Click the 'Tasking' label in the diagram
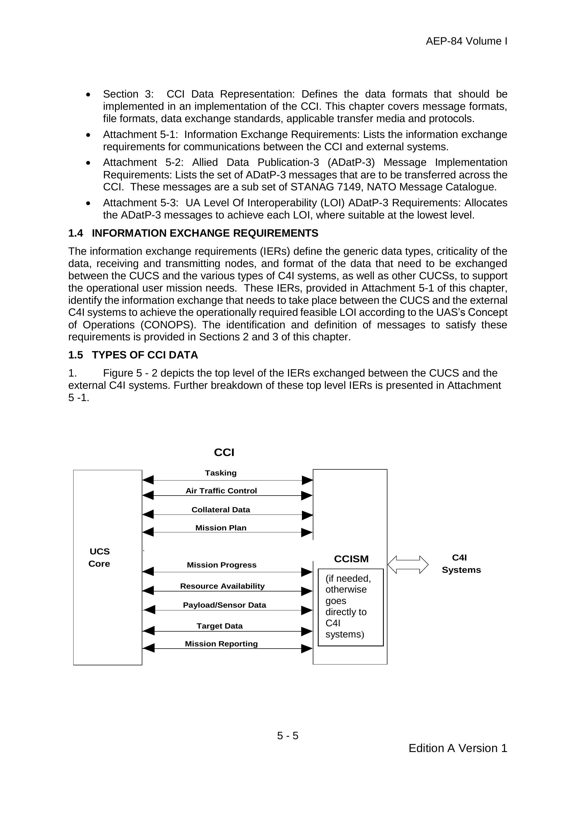(221, 473)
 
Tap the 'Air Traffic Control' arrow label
(221, 491)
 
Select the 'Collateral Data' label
(221, 510)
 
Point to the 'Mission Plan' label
(221, 528)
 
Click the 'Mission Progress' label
(221, 565)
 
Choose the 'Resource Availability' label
(222, 586)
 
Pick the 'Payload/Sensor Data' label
(224, 605)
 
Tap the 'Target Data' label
(219, 626)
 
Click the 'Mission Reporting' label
(221, 644)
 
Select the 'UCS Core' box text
(99, 557)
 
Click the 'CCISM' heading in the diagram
(351, 559)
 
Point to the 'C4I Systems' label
(461, 564)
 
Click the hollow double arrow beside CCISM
(408, 564)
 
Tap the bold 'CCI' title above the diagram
(224, 452)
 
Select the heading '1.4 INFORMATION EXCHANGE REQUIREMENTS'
(193, 233)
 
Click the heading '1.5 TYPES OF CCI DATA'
(133, 355)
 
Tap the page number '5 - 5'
(288, 736)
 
